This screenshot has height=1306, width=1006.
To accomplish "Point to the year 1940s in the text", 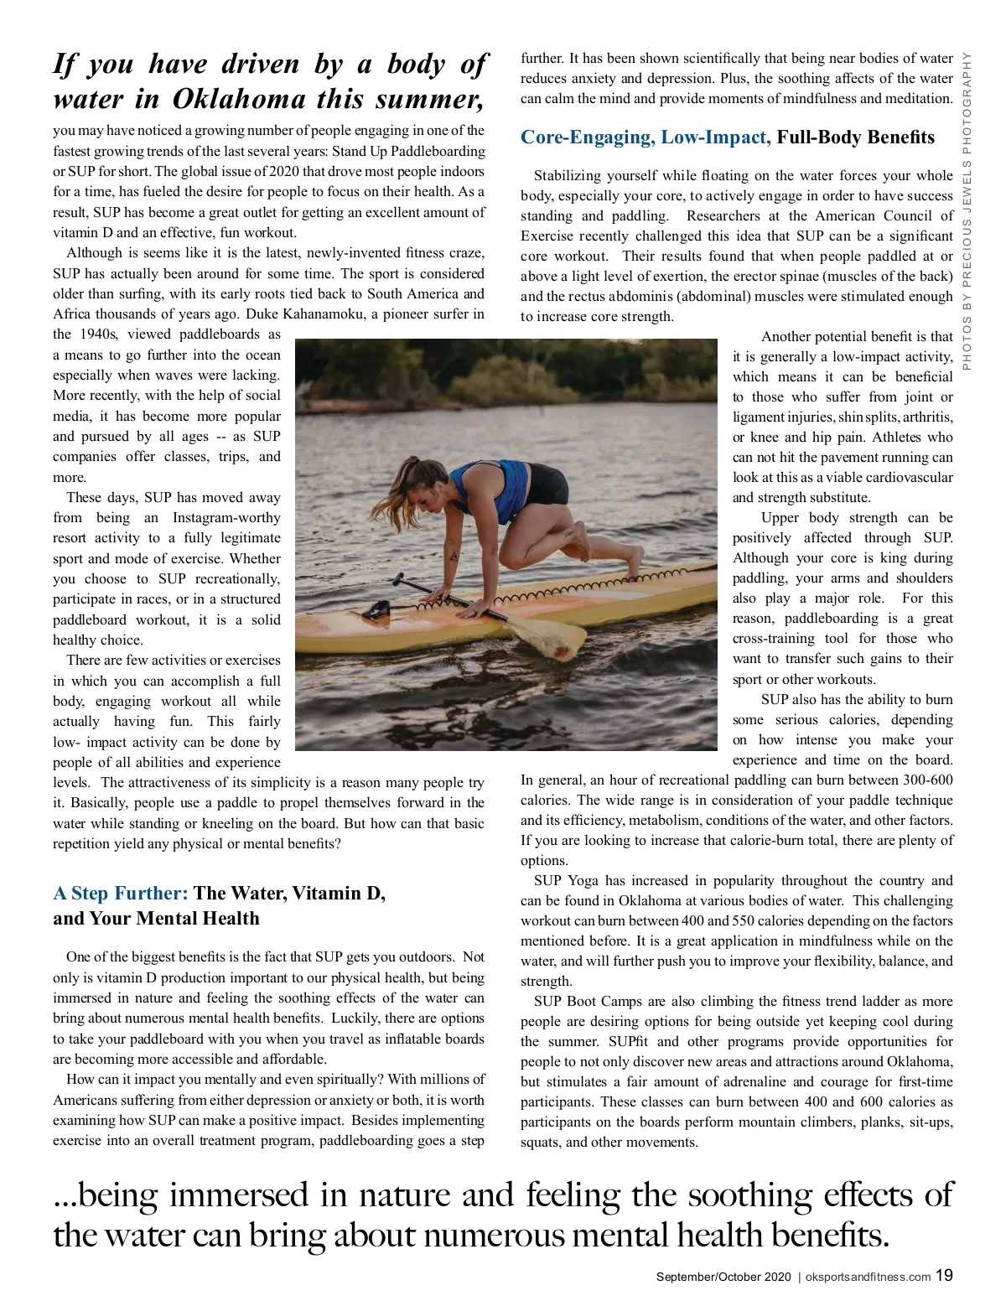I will [99, 334].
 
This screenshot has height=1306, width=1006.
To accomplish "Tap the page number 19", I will [944, 1276].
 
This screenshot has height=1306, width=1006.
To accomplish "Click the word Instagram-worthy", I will [226, 518].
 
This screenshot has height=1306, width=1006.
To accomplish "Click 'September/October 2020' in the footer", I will [723, 1277].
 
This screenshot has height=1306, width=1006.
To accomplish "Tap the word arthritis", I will [924, 417].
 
